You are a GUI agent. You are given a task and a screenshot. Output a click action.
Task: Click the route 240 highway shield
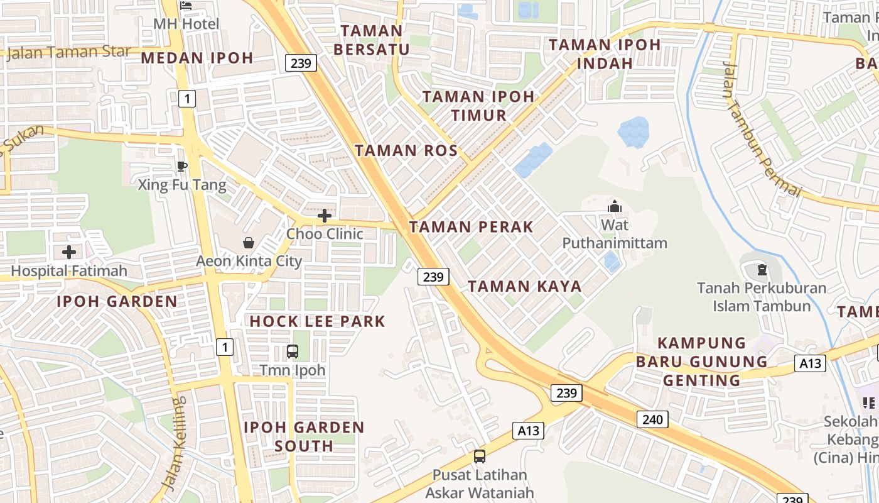click(652, 419)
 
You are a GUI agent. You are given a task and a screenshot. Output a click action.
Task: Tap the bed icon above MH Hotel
click(186, 6)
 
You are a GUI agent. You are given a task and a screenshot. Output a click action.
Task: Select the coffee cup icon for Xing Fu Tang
click(182, 166)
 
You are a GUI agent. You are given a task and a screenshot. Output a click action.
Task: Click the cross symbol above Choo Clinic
click(325, 216)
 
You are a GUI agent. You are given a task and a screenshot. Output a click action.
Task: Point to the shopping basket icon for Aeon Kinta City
click(249, 243)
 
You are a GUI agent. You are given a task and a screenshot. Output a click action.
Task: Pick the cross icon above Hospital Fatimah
click(69, 253)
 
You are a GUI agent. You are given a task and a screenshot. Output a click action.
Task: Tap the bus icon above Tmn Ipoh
click(293, 351)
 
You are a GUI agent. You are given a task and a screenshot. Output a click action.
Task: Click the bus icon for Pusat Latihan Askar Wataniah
click(480, 456)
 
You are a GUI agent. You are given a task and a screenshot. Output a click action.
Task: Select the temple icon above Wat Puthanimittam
click(614, 206)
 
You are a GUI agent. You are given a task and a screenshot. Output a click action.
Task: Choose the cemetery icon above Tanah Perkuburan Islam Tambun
click(762, 270)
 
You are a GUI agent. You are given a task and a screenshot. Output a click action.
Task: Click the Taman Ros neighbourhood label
click(406, 150)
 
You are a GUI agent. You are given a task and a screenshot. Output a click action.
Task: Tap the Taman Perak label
click(471, 227)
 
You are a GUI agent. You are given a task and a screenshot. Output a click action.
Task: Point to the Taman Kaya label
click(524, 287)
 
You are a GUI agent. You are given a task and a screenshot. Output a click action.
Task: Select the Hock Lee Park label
click(317, 321)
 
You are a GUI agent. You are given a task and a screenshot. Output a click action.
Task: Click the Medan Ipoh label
click(197, 58)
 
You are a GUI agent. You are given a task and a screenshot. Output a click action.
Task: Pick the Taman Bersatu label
click(372, 40)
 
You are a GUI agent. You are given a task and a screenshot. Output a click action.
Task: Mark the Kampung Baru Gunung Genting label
click(701, 362)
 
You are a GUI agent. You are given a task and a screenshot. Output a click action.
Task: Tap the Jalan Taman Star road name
click(69, 52)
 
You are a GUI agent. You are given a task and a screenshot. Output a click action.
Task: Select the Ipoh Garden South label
click(304, 436)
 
